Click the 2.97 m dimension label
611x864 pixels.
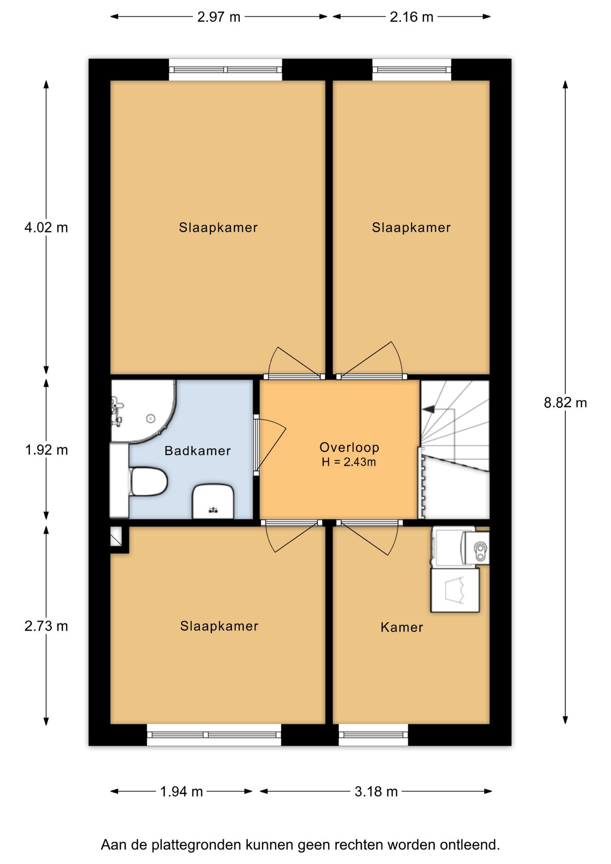219,17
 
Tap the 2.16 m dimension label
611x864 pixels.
411,17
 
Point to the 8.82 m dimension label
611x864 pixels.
565,402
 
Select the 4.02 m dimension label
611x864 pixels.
46,227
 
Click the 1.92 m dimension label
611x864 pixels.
46,450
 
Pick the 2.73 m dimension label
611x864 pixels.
46,625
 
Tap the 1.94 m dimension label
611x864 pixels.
181,791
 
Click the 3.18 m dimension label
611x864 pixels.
376,791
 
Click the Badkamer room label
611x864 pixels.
198,450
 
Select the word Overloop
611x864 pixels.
349,447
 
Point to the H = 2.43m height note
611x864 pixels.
349,462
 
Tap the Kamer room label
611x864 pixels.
402,627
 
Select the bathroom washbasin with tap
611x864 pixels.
213,501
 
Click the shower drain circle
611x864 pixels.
150,418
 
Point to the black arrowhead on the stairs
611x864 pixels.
429,409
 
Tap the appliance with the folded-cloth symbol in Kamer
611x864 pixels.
455,590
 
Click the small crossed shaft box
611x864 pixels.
116,536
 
